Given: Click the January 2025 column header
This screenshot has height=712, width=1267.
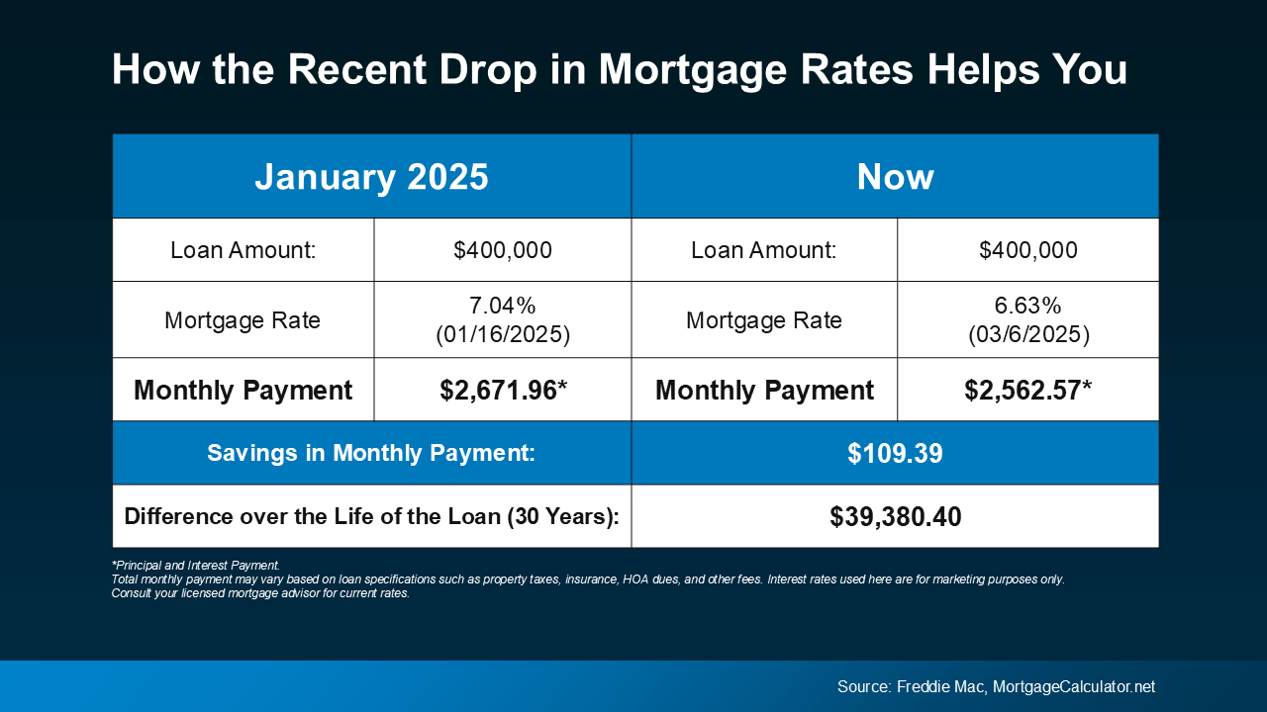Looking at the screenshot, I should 371,176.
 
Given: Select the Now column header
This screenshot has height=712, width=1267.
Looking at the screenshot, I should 895,176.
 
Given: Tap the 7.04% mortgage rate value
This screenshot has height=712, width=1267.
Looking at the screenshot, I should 503,306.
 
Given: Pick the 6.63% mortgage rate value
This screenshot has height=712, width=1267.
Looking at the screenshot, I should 1027,306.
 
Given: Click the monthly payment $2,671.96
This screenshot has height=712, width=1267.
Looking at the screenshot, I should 503,391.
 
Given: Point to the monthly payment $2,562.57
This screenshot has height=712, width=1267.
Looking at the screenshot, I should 1027,391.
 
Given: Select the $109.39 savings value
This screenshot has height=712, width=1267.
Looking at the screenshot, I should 895,454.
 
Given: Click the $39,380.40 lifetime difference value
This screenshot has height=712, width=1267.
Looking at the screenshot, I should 895,516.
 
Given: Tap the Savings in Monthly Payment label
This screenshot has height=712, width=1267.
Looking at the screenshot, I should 371,454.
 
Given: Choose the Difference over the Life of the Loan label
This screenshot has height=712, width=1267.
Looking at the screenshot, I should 371,516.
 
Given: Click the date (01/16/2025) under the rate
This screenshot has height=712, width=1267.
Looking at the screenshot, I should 503,335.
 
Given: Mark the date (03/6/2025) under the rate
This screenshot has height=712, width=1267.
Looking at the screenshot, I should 1027,335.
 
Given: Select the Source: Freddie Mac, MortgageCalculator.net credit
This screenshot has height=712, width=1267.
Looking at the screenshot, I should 996,686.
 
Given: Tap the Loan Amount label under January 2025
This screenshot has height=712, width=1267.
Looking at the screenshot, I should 243,250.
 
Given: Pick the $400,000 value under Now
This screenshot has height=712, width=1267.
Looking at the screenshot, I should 1027,250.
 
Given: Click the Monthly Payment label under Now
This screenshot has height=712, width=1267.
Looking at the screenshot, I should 764,391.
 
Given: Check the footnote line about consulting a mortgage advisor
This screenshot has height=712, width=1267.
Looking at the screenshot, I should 260,594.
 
